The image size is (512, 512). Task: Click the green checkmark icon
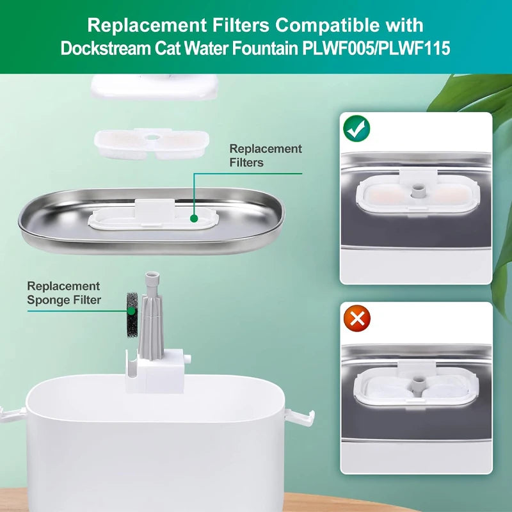click(356, 129)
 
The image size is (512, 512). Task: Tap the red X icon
click(357, 318)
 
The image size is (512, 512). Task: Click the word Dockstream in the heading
click(106, 49)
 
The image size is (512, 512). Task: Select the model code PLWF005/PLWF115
click(376, 49)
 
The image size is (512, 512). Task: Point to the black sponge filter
click(132, 315)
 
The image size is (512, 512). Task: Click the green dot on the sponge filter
click(131, 311)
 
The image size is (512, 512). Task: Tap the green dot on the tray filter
click(194, 218)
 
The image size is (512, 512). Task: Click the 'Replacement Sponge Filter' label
click(64, 293)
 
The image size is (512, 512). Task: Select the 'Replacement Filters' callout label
click(266, 156)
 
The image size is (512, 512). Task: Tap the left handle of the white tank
click(13, 414)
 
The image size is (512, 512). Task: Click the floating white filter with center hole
click(152, 143)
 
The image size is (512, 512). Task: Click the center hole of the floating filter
click(151, 137)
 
